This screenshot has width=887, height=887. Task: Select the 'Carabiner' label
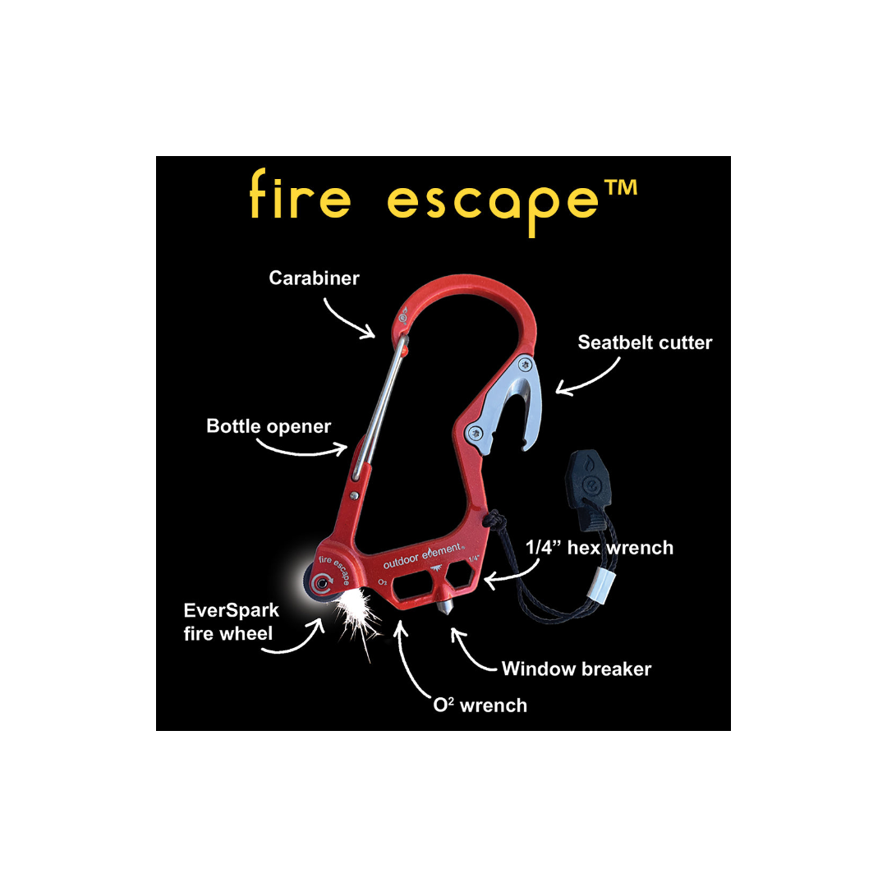coord(315,278)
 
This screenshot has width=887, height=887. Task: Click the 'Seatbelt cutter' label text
coord(645,342)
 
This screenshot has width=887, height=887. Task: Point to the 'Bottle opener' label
coord(269,426)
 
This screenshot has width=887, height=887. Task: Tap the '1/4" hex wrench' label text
coord(600,548)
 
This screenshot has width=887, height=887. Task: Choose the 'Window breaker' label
coord(577,669)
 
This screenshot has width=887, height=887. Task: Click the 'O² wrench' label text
coord(480,705)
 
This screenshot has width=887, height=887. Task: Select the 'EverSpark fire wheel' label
coord(232,622)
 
